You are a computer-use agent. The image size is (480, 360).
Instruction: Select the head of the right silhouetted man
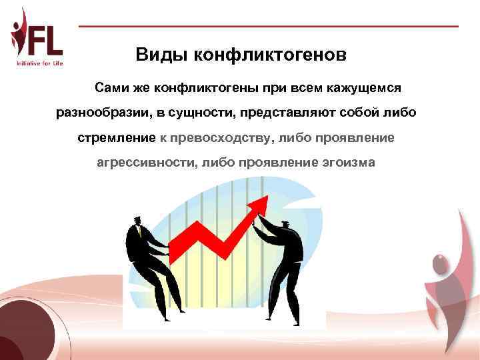[286, 226]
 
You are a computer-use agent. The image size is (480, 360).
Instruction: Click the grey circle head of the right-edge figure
[441, 265]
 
